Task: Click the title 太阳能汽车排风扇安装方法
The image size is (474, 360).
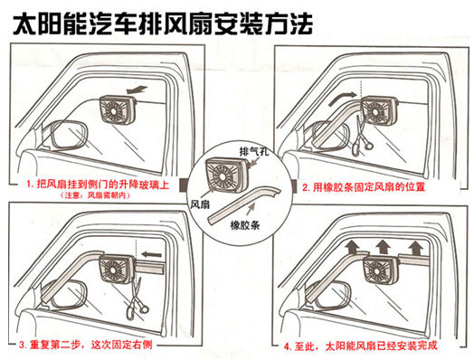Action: [x=162, y=24]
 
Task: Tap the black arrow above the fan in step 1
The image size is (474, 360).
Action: [x=137, y=90]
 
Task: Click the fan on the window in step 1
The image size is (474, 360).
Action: [x=118, y=109]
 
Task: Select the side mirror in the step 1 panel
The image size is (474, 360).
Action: [x=69, y=136]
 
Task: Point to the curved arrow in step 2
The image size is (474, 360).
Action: [x=343, y=98]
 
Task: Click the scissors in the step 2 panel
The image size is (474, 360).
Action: [x=361, y=136]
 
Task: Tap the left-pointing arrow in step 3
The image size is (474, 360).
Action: [x=152, y=254]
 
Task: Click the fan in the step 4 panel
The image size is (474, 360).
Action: [x=381, y=270]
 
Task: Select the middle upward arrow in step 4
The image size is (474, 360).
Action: [x=383, y=246]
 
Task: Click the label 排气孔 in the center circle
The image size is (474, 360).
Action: [x=254, y=151]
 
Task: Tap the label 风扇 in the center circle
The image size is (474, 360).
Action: [x=200, y=204]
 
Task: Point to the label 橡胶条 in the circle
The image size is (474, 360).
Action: [x=245, y=225]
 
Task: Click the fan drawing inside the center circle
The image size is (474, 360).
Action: [x=226, y=175]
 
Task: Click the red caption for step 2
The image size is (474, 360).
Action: [x=364, y=187]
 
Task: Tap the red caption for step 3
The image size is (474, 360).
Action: [x=86, y=345]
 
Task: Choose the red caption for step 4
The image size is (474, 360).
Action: [x=360, y=346]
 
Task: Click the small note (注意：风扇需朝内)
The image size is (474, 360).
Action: [x=95, y=195]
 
